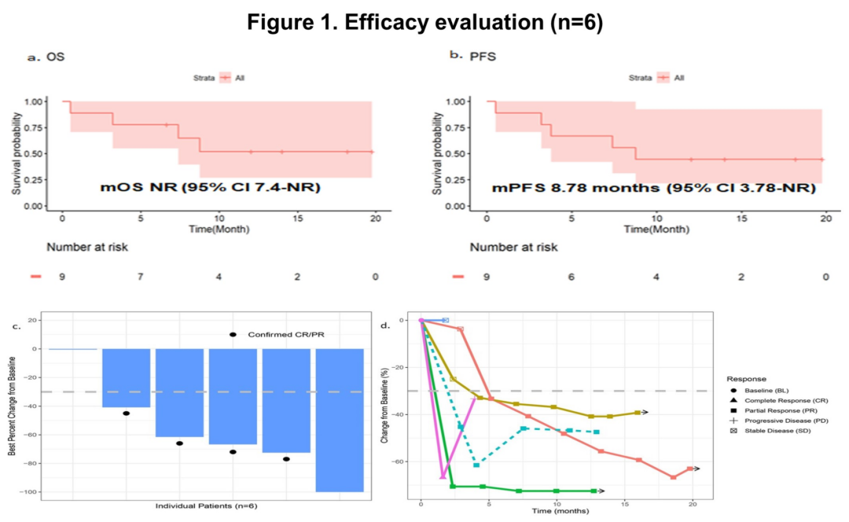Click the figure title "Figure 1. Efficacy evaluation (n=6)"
(424, 23)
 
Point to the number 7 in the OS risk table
(141, 277)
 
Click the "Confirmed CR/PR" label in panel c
(286, 335)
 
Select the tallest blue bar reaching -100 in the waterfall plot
(340, 420)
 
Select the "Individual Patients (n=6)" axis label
(206, 505)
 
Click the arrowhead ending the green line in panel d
(602, 491)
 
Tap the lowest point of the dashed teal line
(476, 465)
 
